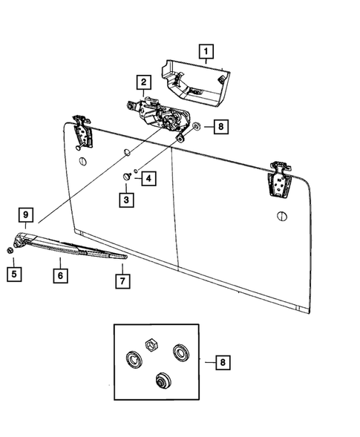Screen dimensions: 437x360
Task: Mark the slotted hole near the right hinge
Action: pos(281,216)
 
